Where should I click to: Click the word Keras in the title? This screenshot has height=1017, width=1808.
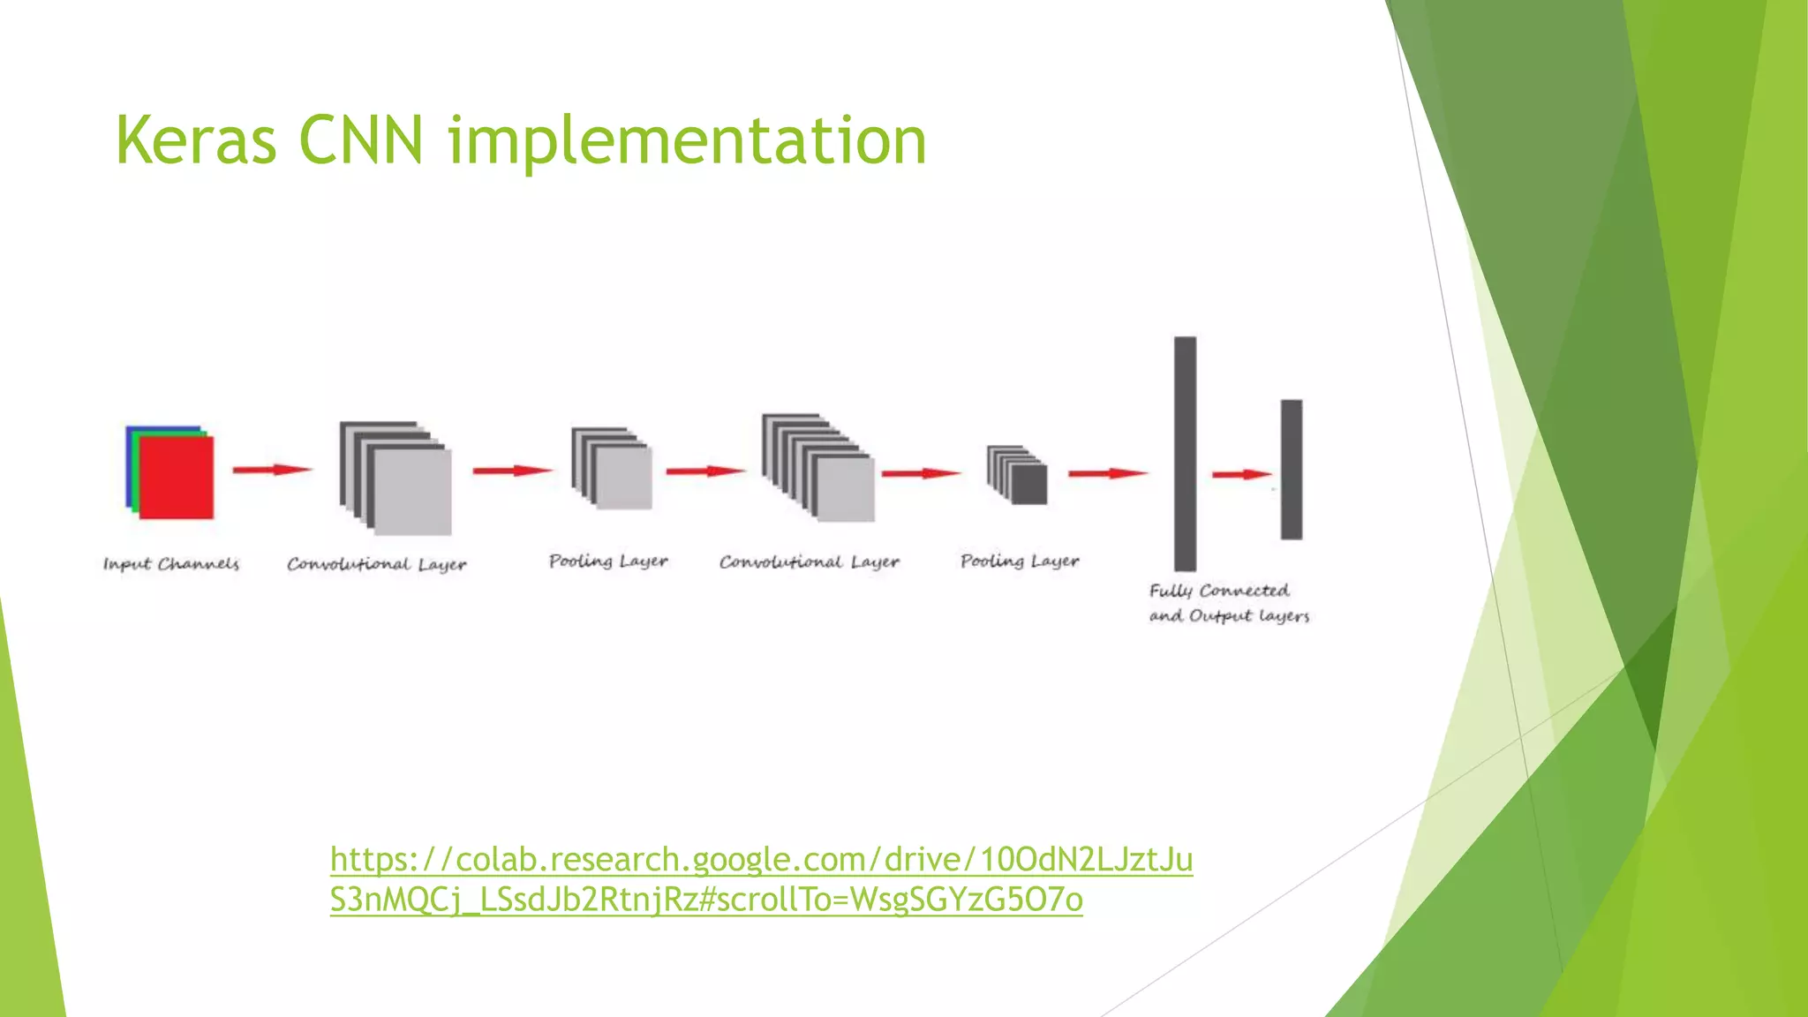point(196,141)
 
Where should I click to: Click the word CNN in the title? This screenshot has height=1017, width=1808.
point(361,141)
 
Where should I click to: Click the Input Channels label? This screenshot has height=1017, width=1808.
point(171,564)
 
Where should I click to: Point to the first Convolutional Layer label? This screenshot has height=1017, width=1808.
point(376,564)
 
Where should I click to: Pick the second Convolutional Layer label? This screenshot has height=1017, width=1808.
point(809,562)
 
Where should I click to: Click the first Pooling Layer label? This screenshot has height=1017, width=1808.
point(608,561)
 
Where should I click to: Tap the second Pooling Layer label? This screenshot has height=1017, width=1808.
point(1020,561)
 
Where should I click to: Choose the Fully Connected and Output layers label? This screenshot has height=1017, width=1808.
point(1228,603)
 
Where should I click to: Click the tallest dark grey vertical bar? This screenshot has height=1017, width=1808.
point(1185,453)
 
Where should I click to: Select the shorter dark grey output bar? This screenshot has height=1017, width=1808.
point(1292,469)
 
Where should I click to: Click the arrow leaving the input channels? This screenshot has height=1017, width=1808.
point(272,470)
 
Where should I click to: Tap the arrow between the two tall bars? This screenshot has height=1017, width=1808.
point(1242,475)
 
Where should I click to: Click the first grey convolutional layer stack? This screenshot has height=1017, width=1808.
point(396,478)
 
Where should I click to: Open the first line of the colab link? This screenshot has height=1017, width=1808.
point(761,859)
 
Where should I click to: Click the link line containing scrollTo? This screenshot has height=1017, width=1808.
point(706,900)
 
